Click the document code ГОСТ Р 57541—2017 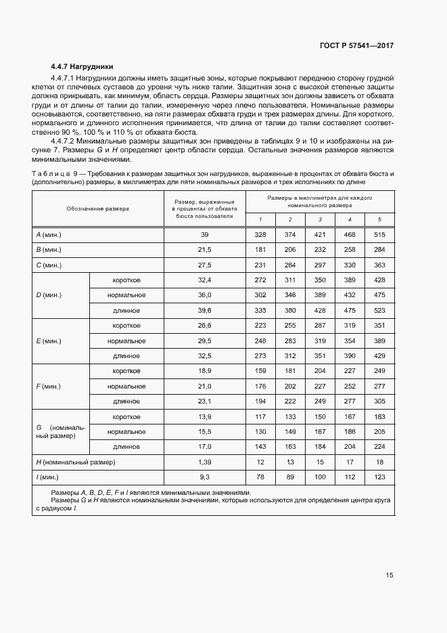(x=356, y=45)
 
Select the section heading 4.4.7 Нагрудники (x=82, y=66)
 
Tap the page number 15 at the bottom (x=389, y=575)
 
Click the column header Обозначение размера (x=97, y=209)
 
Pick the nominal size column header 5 (x=379, y=220)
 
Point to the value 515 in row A (x=379, y=234)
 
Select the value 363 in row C (x=379, y=265)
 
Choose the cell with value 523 (x=379, y=311)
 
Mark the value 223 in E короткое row (x=260, y=326)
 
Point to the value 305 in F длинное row (x=379, y=401)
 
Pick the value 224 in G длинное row (x=379, y=447)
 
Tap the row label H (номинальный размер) (x=75, y=462)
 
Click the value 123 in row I (x=379, y=477)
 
